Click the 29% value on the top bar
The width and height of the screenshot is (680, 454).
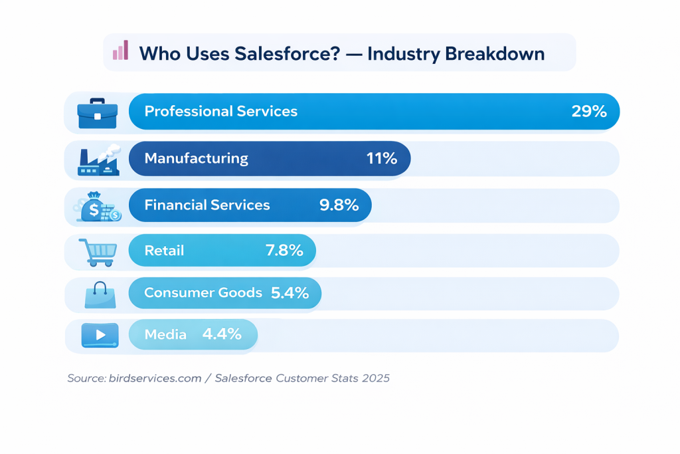[589, 111]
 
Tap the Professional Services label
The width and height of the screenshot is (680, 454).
[220, 111]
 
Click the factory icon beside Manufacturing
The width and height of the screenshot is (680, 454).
[98, 160]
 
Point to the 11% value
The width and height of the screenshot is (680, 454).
[381, 158]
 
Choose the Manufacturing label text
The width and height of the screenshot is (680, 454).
[196, 158]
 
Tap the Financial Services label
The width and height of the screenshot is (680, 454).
[207, 205]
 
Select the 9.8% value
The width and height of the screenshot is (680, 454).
[339, 205]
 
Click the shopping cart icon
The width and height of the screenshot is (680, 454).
[98, 252]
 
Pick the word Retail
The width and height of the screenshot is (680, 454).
[164, 251]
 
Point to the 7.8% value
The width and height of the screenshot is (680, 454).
[284, 251]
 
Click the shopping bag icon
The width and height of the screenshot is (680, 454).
[100, 294]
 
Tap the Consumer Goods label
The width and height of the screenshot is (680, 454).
[203, 292]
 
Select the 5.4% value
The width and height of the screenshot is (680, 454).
[290, 292]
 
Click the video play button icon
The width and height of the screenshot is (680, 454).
[99, 335]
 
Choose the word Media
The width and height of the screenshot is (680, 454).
[165, 334]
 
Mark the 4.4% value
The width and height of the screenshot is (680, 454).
[222, 334]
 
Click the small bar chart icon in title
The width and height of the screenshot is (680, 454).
[120, 51]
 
